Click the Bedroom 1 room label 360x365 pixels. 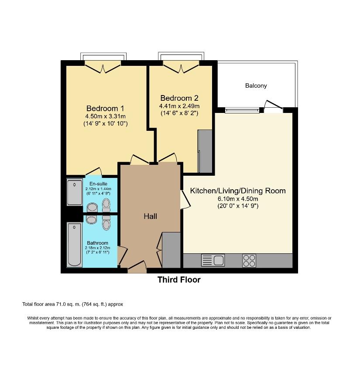point(105,108)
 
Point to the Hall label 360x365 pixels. point(151,216)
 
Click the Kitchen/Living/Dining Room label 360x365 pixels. point(238,191)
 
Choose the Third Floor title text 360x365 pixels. point(179,280)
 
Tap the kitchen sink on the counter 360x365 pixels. point(213,261)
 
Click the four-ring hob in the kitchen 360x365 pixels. point(249,261)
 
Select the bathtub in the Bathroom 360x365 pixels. point(75,245)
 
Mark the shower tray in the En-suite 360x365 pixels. point(75,192)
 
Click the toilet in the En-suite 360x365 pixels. point(106,205)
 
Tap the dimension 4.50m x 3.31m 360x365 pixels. point(105,116)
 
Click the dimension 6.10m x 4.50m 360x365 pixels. point(238,199)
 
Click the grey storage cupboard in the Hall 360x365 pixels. point(171,250)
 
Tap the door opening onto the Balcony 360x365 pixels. point(273,106)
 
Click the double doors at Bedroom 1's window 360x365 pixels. point(103,67)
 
